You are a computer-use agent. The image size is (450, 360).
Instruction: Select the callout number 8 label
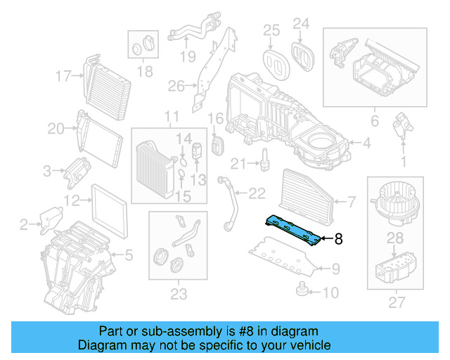pos(338,239)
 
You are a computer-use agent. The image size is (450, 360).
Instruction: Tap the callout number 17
pos(64,76)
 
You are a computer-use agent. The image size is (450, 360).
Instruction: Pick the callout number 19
pos(186,57)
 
